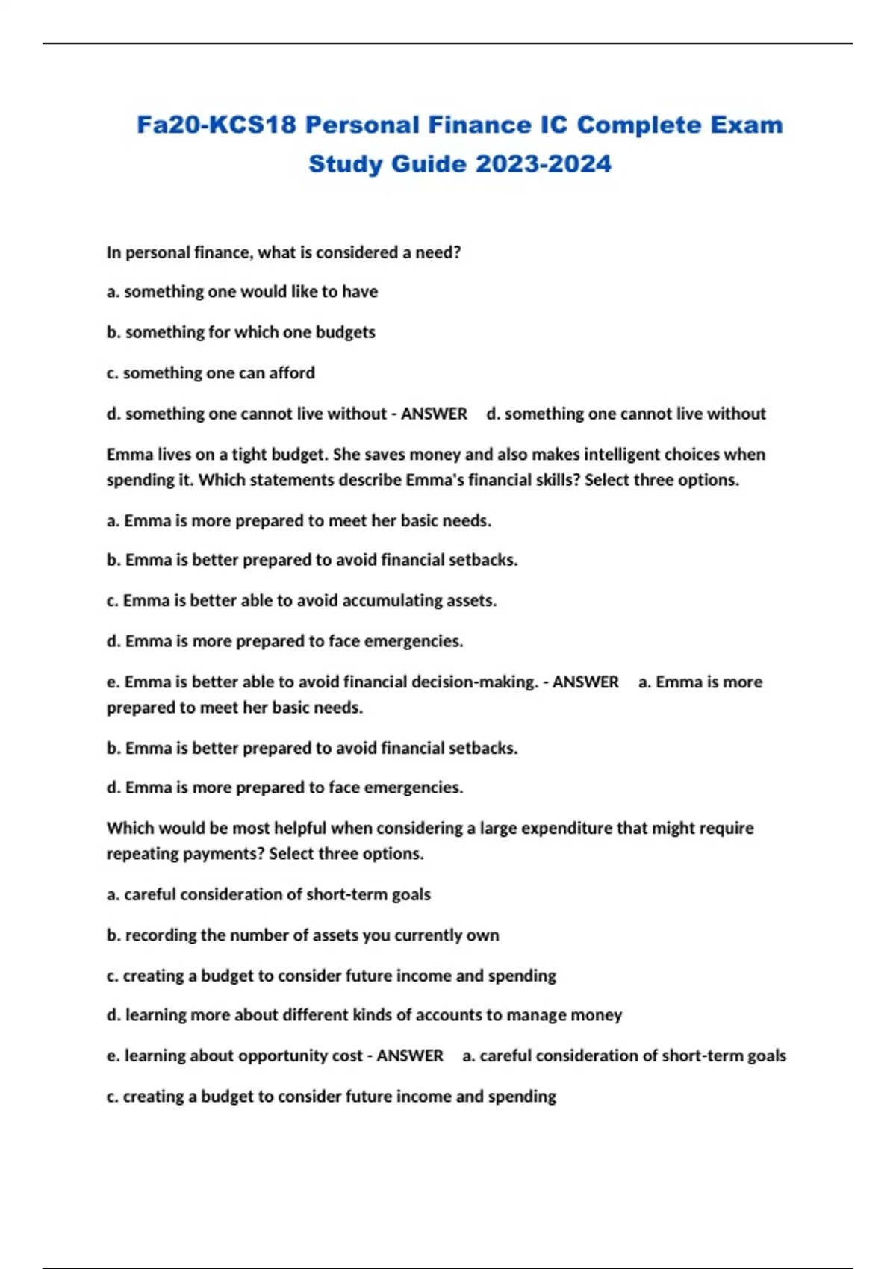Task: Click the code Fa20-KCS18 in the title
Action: (x=217, y=125)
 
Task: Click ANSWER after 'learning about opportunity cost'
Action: (x=410, y=1056)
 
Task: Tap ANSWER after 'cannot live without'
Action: (x=434, y=414)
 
